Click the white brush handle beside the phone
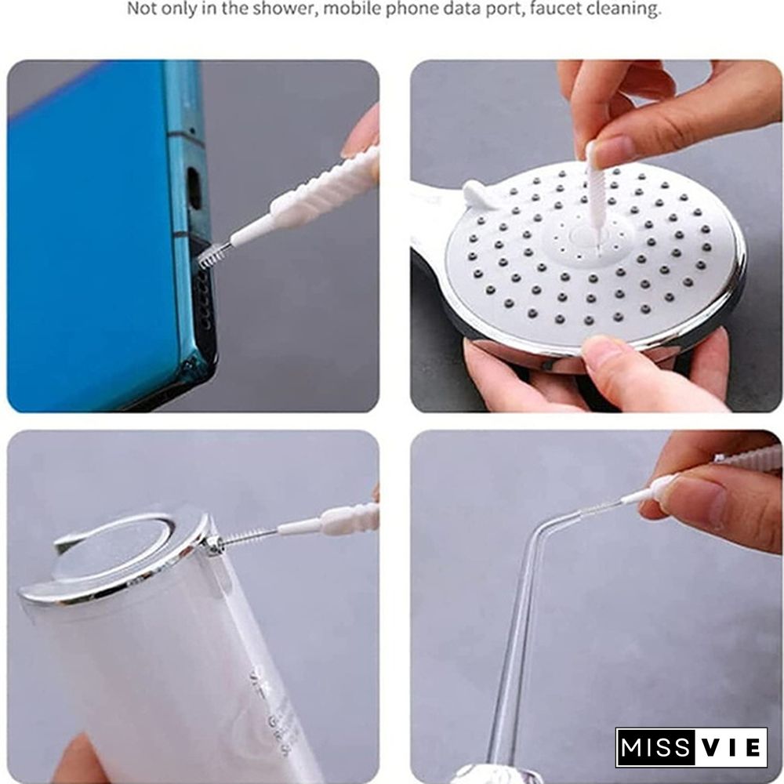[x=314, y=192]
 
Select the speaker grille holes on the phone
[x=204, y=302]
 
